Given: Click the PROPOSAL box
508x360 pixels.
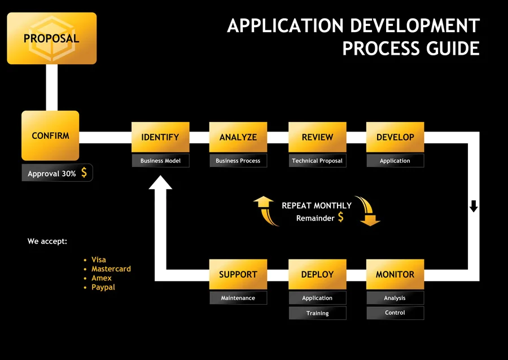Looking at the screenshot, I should (51, 38).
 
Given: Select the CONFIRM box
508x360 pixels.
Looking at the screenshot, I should (50, 136).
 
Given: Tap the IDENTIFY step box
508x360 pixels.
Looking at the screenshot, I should (160, 137).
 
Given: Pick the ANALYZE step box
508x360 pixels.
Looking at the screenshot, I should (238, 137).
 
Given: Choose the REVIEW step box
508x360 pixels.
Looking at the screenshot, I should (317, 137).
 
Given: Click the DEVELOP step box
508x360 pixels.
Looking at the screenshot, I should (395, 137).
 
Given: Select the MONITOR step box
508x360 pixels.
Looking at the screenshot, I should (395, 274).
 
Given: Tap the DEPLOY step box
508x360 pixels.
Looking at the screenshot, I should (317, 274).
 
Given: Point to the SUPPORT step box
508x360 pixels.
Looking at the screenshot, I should (238, 274).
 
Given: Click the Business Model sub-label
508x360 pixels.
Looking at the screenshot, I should (160, 161).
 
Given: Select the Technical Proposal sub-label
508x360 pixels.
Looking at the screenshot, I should (317, 161).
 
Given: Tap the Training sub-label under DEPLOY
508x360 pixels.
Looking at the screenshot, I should (317, 313).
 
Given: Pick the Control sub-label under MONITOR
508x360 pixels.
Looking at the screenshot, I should (395, 313).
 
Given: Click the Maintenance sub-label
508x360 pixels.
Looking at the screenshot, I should (238, 298).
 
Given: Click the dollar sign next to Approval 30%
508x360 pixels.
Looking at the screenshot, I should (84, 173).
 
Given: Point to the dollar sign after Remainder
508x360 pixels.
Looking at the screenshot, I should (340, 217).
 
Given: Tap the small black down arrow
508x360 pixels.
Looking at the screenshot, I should (474, 206).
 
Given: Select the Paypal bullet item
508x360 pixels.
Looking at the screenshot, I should (103, 287).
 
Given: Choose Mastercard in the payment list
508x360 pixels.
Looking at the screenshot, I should (111, 269).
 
